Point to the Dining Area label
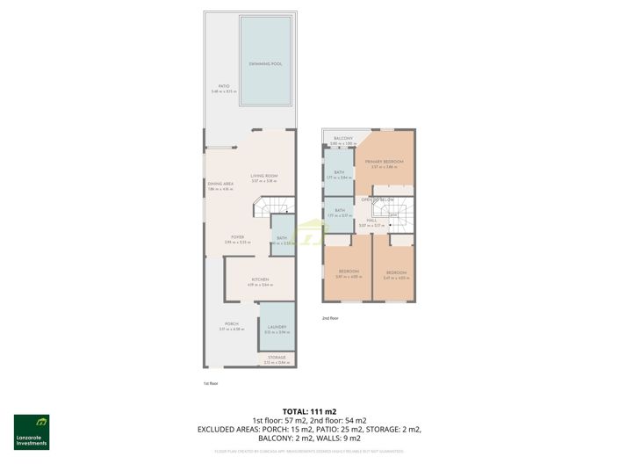(220, 184)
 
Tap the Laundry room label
(277, 327)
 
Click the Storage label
(277, 357)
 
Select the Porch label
(232, 324)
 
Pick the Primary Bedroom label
(385, 162)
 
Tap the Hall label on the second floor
(371, 221)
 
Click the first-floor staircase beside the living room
(272, 207)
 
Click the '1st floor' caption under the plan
(211, 383)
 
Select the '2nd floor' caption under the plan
(330, 318)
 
